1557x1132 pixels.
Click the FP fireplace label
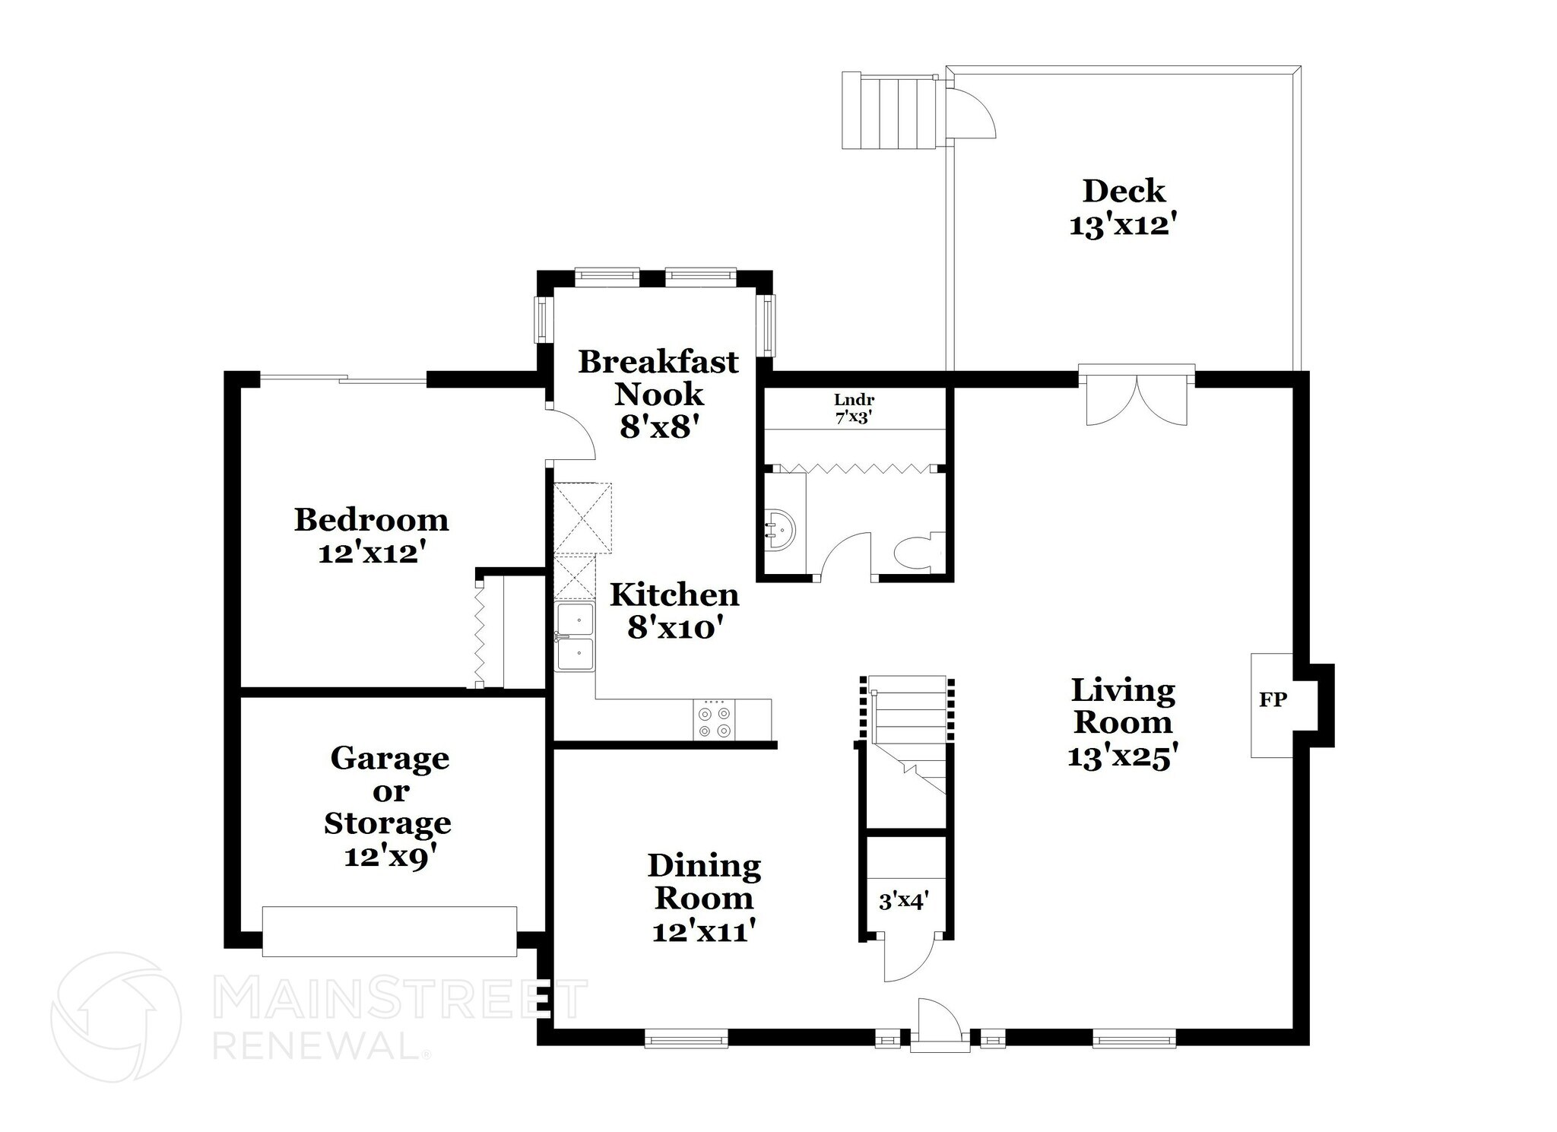[1272, 700]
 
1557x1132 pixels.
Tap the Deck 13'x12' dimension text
[1123, 227]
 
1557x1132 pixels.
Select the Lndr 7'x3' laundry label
[854, 408]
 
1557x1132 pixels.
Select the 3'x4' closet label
[903, 902]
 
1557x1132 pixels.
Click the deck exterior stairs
[888, 112]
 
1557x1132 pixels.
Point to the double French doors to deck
[1136, 401]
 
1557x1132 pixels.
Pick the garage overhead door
[389, 931]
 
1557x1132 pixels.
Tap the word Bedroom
[371, 520]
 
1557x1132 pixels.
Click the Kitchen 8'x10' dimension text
[674, 628]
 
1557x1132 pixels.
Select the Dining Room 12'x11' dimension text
[703, 931]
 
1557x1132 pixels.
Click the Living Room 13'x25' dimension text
[1122, 757]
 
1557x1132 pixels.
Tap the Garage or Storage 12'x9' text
[388, 856]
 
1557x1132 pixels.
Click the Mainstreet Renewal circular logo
[116, 1016]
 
